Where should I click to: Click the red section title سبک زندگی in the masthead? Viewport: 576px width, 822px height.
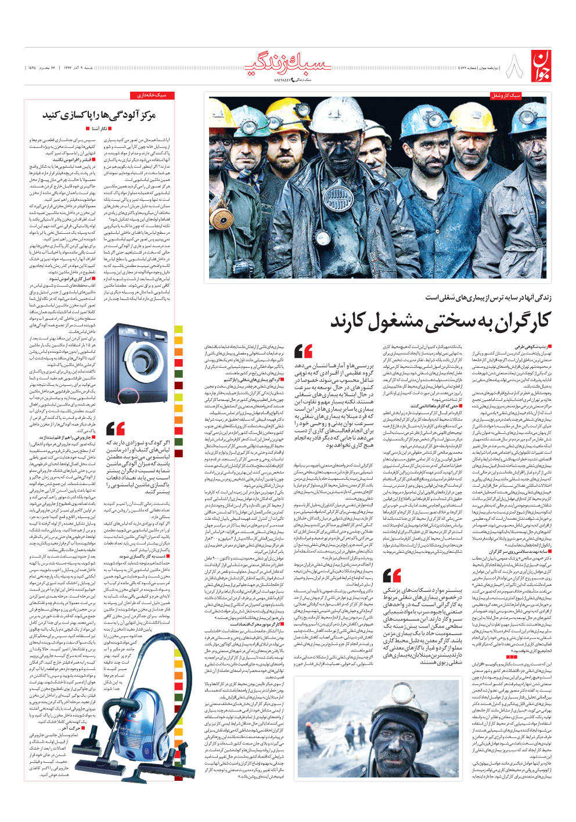tap(288, 64)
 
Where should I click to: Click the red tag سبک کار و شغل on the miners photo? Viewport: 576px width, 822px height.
tap(506, 96)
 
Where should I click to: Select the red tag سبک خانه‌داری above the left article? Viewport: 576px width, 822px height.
tap(152, 95)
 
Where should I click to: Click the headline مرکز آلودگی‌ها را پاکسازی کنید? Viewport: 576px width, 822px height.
tap(99, 115)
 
